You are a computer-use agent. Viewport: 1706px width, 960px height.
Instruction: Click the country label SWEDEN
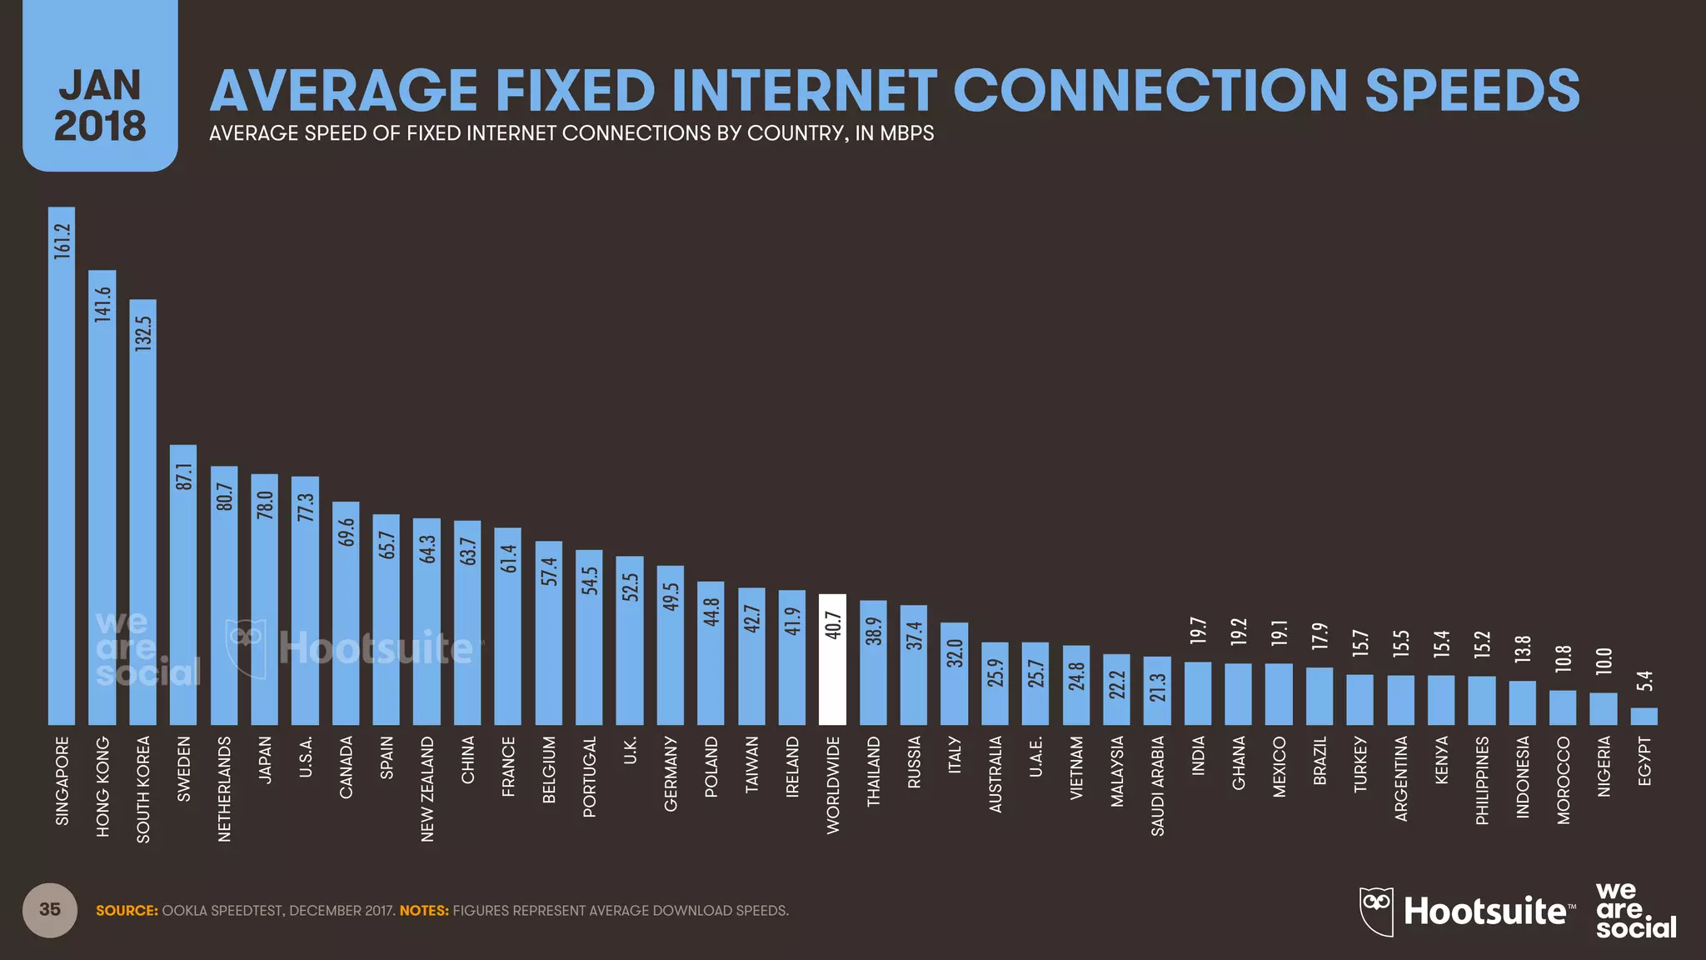(x=184, y=768)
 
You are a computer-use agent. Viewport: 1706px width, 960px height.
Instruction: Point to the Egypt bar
(x=1644, y=717)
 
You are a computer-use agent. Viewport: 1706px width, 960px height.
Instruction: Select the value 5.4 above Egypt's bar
(x=1644, y=682)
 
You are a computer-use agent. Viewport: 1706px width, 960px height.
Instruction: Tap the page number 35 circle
(x=50, y=909)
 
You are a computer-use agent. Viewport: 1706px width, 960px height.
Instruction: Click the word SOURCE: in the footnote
(x=127, y=911)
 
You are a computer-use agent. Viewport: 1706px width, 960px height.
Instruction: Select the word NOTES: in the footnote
(x=424, y=911)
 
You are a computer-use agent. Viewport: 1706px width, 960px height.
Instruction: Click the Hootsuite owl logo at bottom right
(x=1376, y=911)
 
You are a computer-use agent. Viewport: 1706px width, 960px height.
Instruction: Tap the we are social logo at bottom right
(x=1634, y=911)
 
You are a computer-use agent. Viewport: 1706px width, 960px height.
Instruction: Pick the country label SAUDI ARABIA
(x=1157, y=785)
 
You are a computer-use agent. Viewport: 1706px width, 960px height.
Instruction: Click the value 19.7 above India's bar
(x=1198, y=630)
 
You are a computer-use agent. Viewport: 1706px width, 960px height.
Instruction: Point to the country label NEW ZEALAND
(x=427, y=788)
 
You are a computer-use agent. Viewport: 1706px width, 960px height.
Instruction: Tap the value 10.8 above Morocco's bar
(x=1563, y=658)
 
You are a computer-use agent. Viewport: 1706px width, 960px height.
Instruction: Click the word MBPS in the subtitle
(x=907, y=133)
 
